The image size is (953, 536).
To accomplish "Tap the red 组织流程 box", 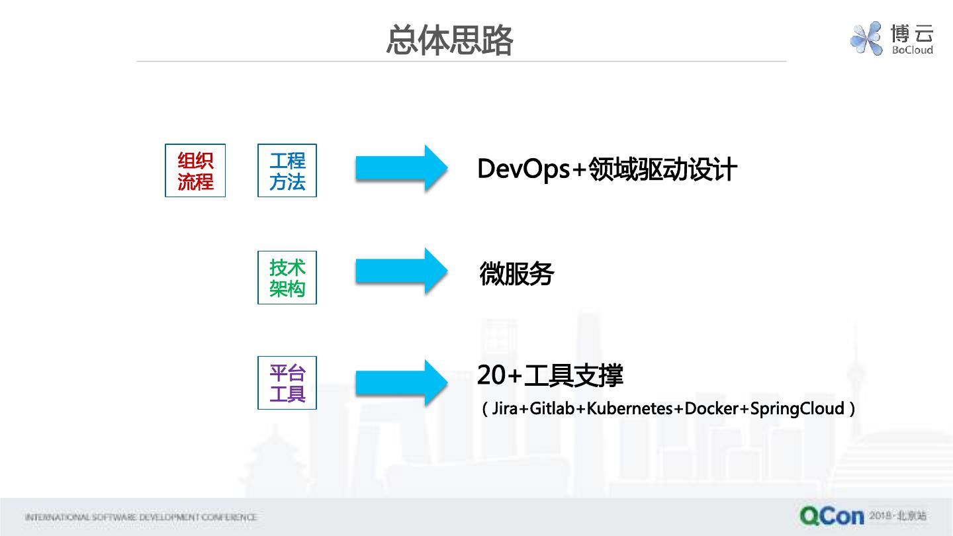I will pyautogui.click(x=195, y=170).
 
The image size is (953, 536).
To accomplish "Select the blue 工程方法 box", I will pyautogui.click(x=287, y=170).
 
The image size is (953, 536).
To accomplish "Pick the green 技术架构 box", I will pyautogui.click(x=287, y=277).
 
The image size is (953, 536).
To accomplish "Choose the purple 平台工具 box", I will pyautogui.click(x=287, y=382).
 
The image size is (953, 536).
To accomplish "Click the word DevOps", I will pyautogui.click(x=523, y=169).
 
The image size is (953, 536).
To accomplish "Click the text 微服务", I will pyautogui.click(x=516, y=274).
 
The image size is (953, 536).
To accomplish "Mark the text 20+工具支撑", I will pyautogui.click(x=550, y=376).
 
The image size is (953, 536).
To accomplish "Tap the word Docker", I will pyautogui.click(x=711, y=409).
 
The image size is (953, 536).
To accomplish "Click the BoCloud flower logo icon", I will pyautogui.click(x=866, y=38).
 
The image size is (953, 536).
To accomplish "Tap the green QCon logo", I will pyautogui.click(x=831, y=515).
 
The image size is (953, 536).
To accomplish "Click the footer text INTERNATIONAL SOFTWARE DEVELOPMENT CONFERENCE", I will pyautogui.click(x=140, y=517).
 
